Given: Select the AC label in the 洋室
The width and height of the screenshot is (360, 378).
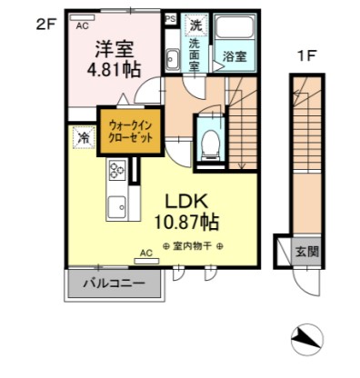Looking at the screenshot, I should [x=82, y=26].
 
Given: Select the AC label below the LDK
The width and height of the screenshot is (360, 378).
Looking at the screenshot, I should [x=145, y=254].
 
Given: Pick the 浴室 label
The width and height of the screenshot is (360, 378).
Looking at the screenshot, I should [x=234, y=56].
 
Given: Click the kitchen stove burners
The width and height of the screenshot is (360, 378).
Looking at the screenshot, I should [x=117, y=169].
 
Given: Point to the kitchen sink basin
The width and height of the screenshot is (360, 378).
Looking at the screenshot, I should [x=116, y=206].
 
